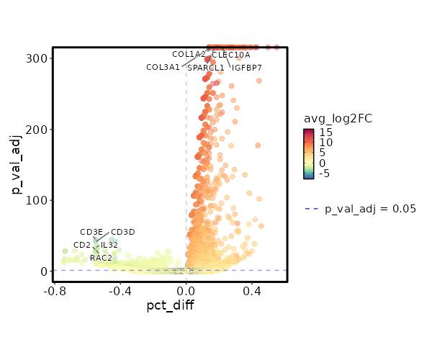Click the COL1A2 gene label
(x=189, y=55)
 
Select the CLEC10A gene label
(x=231, y=55)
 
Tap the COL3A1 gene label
(x=163, y=68)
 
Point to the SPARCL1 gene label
(x=206, y=68)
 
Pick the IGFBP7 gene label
(x=247, y=68)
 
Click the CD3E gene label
(x=91, y=233)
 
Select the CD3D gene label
(x=123, y=233)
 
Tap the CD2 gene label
(x=82, y=246)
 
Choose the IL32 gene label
(x=109, y=246)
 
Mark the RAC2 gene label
(x=101, y=258)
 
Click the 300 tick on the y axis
(x=38, y=58)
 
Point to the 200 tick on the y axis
(x=38, y=130)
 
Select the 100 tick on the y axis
(x=38, y=200)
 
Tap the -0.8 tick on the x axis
(x=55, y=291)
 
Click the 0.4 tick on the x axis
(x=252, y=291)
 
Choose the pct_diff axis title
(x=170, y=305)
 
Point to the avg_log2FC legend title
(x=338, y=119)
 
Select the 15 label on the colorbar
(x=325, y=132)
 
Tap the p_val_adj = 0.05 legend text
(x=371, y=210)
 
